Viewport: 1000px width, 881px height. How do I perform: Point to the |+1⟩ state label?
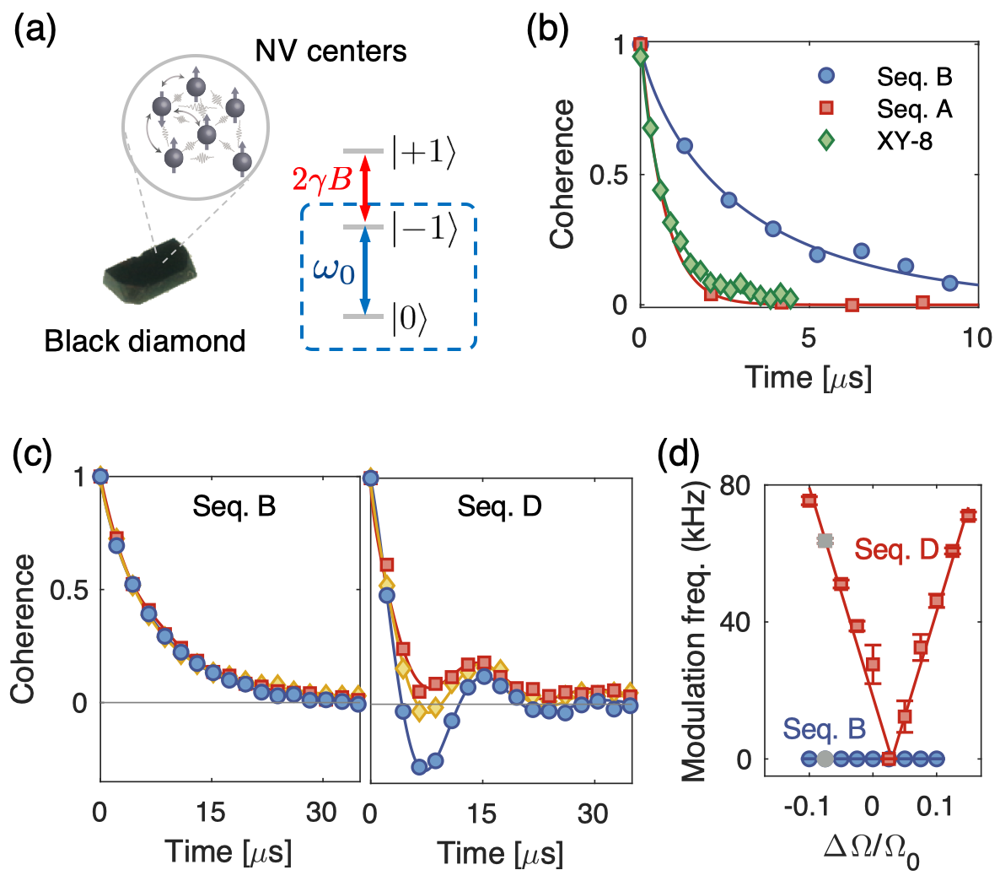point(424,154)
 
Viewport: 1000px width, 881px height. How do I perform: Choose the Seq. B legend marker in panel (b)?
point(826,76)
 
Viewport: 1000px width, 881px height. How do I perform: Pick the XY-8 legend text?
point(905,140)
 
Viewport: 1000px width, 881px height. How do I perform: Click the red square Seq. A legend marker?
point(826,108)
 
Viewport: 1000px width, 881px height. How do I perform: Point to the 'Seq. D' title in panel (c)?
point(499,506)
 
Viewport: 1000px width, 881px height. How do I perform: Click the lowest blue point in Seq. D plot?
point(419,766)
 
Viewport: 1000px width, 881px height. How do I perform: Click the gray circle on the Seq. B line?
point(825,759)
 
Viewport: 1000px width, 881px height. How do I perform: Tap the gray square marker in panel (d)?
point(825,541)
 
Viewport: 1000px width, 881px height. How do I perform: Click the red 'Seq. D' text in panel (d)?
point(896,549)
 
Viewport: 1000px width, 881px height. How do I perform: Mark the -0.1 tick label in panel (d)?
point(808,808)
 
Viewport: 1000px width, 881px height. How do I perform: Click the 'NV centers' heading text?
point(331,51)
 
